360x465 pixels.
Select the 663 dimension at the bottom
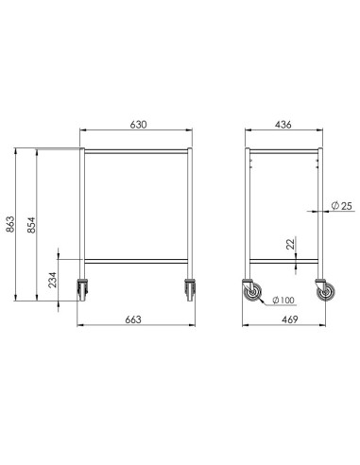point(133,319)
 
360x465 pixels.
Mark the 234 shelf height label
point(53,282)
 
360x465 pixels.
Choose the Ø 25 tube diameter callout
point(342,205)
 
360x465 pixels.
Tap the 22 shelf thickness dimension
point(291,245)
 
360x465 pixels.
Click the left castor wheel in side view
point(254,294)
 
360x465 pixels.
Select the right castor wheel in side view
point(326,294)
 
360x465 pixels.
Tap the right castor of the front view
point(191,288)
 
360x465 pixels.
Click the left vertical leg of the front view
point(83,213)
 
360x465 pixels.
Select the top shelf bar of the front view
point(138,150)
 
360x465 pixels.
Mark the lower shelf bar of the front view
point(138,260)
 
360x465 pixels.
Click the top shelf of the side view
point(283,150)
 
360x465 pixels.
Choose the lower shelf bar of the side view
point(283,260)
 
